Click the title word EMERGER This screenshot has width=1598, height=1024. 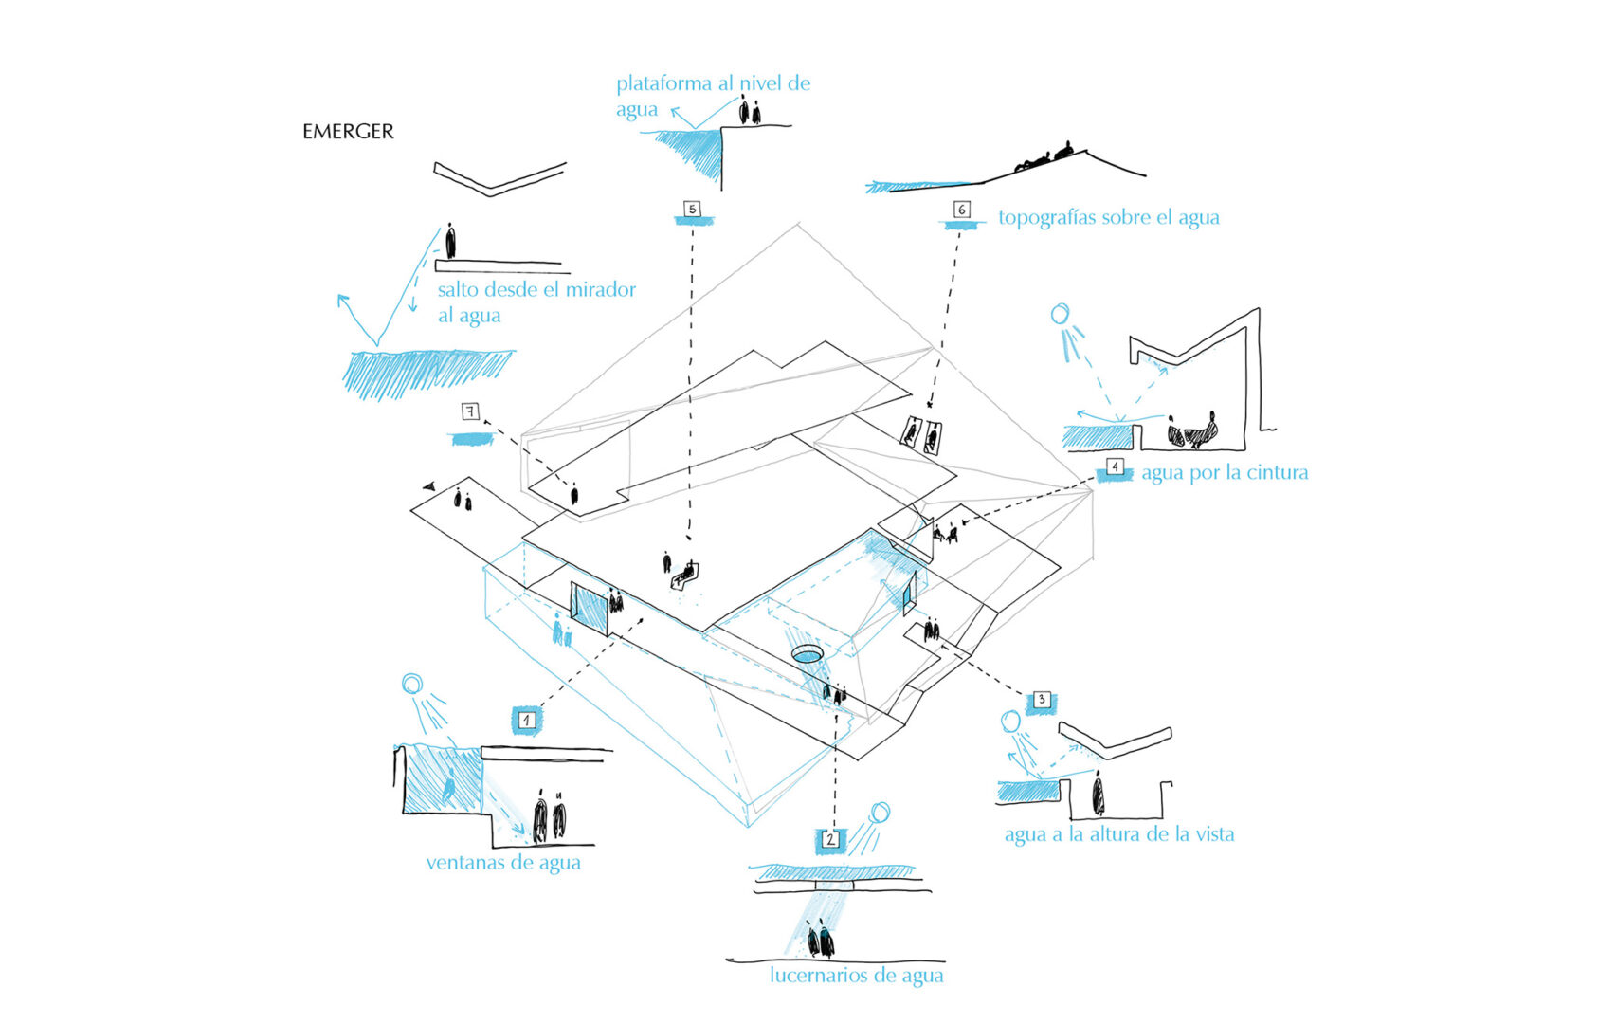click(x=348, y=132)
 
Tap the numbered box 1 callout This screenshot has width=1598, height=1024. click(x=527, y=721)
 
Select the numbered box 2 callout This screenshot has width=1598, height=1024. click(x=830, y=839)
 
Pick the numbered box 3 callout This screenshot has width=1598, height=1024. click(x=1042, y=701)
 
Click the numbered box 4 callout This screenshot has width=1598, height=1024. click(x=1116, y=468)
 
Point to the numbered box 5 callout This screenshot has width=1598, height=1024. click(x=693, y=209)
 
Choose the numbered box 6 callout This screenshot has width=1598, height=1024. click(x=961, y=210)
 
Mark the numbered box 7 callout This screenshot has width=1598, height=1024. click(x=470, y=411)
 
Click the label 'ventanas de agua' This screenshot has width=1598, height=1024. click(x=502, y=863)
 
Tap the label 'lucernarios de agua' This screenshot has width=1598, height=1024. click(x=856, y=975)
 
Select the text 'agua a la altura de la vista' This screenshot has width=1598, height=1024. click(x=1118, y=834)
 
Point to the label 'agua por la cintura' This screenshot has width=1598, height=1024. click(x=1224, y=472)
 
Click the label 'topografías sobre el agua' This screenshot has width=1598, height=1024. click(x=1108, y=217)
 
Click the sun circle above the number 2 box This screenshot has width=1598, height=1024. click(x=881, y=812)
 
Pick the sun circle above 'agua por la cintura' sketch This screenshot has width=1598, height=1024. click(x=1060, y=313)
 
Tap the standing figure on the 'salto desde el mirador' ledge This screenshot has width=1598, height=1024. click(x=450, y=241)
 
